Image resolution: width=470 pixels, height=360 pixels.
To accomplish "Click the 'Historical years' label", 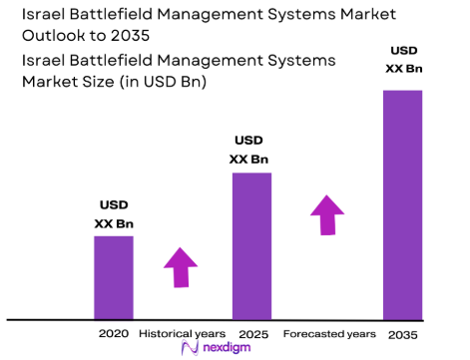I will (x=181, y=332).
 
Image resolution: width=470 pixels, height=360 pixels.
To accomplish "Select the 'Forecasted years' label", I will (x=329, y=332).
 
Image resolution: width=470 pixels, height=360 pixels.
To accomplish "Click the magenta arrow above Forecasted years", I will (x=326, y=214).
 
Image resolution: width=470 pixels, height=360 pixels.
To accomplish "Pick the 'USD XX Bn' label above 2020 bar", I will (x=113, y=214).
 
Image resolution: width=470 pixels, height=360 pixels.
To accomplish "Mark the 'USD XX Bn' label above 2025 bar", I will (x=250, y=150).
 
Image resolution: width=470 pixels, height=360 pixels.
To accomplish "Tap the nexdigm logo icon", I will (x=189, y=348).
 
